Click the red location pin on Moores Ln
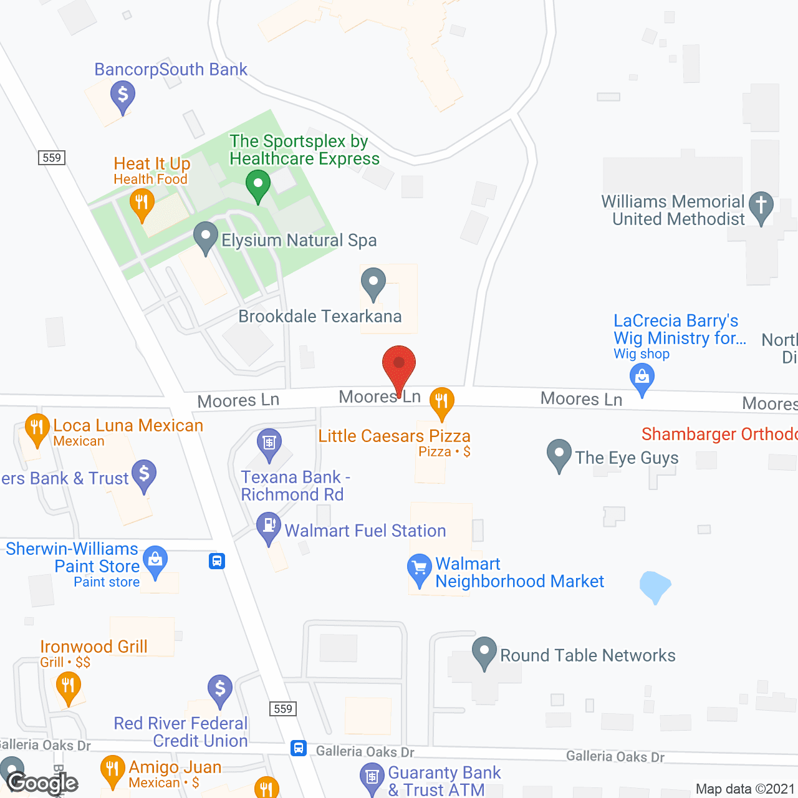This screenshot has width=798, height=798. [399, 365]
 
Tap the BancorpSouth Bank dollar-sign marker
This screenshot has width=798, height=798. [123, 96]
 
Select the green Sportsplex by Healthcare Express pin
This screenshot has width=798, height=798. [257, 185]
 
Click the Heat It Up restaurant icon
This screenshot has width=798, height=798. [142, 203]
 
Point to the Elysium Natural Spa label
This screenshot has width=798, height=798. [299, 241]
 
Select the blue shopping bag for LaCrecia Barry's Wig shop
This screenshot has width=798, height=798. [642, 377]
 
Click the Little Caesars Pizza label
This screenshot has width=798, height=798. [394, 436]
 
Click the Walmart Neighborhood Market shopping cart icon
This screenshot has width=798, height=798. [419, 568]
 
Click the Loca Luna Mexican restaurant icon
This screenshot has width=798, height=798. [37, 428]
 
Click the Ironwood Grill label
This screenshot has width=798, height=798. [94, 647]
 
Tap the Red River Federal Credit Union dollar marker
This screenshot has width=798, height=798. [219, 689]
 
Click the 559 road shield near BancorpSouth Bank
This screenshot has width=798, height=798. [52, 158]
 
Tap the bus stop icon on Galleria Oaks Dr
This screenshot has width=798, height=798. [299, 748]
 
